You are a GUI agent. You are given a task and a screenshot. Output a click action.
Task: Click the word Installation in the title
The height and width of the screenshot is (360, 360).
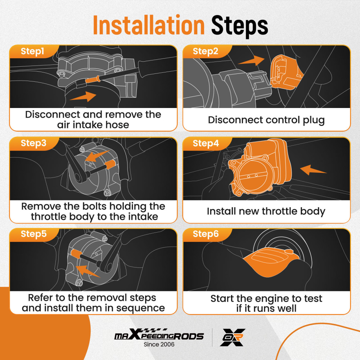coord(149,25)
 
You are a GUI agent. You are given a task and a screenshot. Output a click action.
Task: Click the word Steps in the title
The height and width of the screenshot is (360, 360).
coord(239,26)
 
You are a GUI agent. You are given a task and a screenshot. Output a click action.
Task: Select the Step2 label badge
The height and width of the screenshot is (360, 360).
coord(205,51)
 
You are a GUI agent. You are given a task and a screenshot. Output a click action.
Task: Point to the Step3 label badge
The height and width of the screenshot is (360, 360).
coord(33,143)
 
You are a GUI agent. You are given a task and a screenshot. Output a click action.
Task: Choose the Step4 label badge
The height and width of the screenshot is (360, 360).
coord(206,144)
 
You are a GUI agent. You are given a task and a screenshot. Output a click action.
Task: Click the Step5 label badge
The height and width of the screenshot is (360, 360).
coord(33,234)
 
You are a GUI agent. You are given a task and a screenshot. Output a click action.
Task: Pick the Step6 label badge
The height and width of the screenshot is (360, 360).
coord(206,234)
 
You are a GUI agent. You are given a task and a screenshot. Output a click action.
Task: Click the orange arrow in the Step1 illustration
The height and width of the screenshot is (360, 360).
coord(83,96)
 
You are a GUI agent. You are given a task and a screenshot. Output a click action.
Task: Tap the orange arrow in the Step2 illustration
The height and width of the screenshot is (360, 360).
coord(251,60)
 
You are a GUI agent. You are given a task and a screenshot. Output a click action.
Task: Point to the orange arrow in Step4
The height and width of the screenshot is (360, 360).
coord(313,170)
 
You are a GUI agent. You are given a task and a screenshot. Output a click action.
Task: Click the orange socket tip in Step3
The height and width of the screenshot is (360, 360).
coord(110,165)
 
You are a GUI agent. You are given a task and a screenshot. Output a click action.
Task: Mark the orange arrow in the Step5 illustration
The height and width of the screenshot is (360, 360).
coord(88,271)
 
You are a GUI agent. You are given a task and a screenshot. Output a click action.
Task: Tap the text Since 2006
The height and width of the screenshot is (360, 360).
coord(159,345)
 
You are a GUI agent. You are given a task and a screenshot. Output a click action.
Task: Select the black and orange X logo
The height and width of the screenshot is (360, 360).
coord(232,337)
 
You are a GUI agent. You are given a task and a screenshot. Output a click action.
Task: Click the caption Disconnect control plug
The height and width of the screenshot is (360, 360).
coord(266,120)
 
